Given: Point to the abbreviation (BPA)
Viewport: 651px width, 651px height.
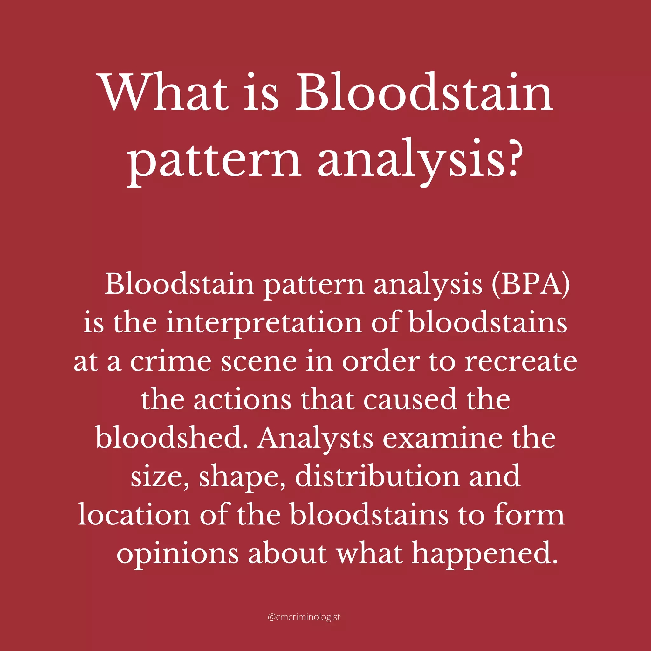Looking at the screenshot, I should pyautogui.click(x=531, y=285).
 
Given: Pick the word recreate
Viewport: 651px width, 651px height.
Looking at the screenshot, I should pyautogui.click(x=521, y=362).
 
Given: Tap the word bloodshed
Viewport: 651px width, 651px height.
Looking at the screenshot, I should pyautogui.click(x=172, y=438).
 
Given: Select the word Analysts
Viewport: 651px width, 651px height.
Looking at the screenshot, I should pyautogui.click(x=315, y=438).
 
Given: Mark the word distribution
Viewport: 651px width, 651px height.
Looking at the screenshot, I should pyautogui.click(x=377, y=476).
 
